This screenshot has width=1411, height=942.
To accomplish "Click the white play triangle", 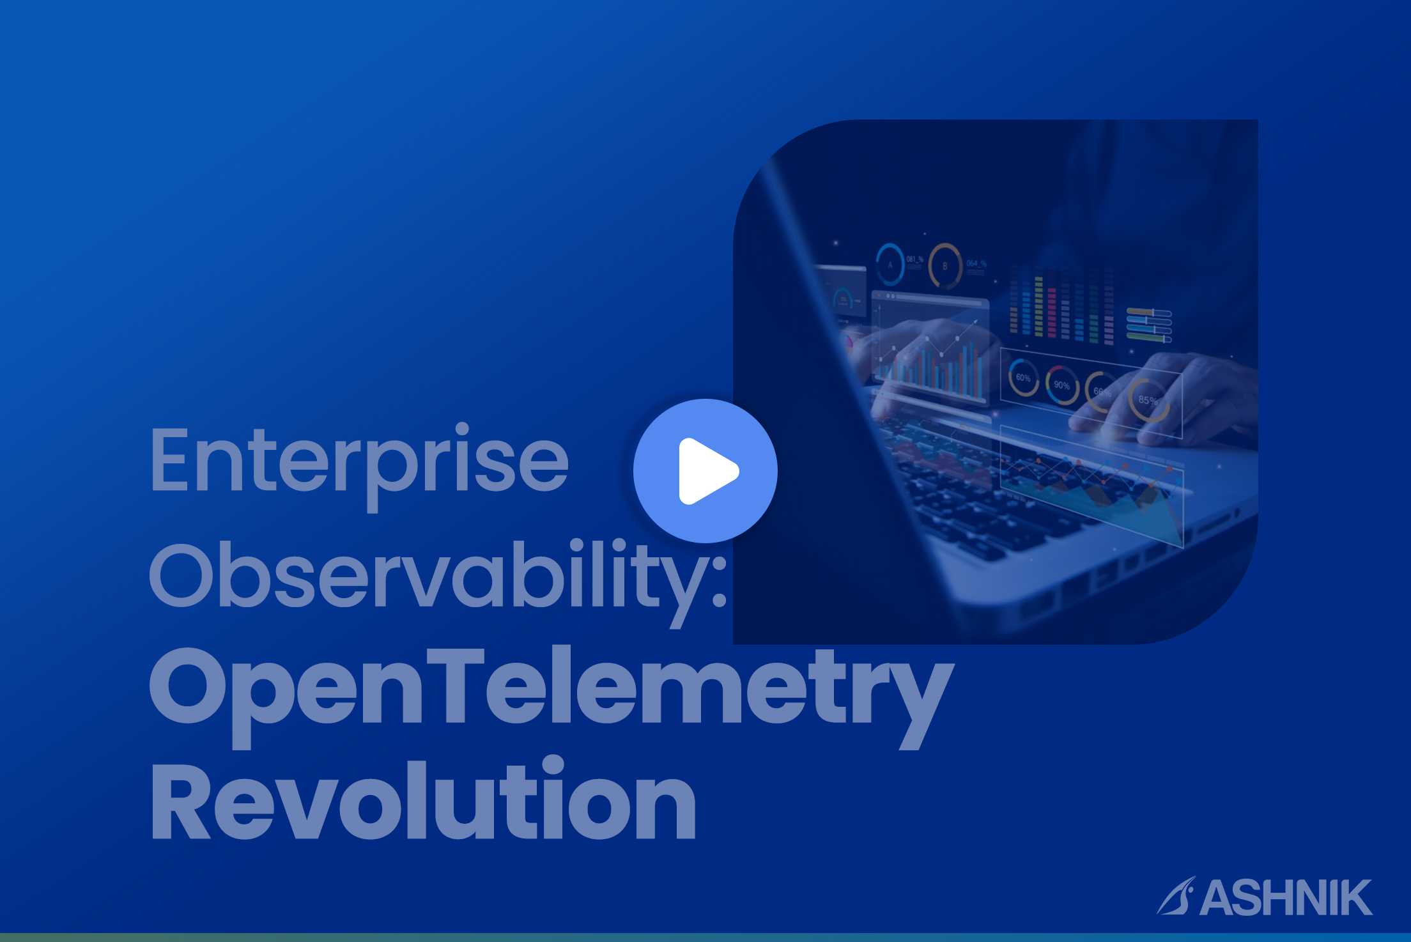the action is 706,471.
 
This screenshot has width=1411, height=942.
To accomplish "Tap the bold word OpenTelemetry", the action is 551,696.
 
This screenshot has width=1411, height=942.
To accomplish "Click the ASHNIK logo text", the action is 1286,898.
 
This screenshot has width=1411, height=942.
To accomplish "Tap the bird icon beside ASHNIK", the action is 1176,896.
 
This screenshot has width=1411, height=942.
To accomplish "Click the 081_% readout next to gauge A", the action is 914,259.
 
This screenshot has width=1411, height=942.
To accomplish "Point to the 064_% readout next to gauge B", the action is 976,263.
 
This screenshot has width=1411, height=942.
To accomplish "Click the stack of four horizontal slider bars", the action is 1149,325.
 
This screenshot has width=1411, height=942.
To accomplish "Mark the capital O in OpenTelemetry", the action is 189,685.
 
